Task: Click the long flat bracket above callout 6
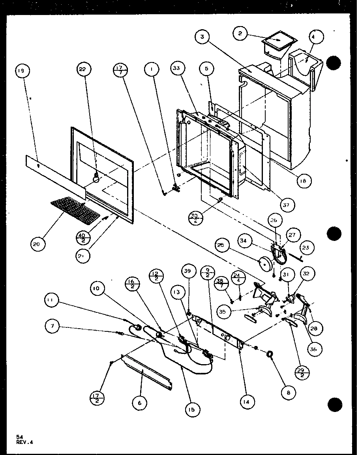tap(147, 371)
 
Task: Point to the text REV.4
tap(25, 443)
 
